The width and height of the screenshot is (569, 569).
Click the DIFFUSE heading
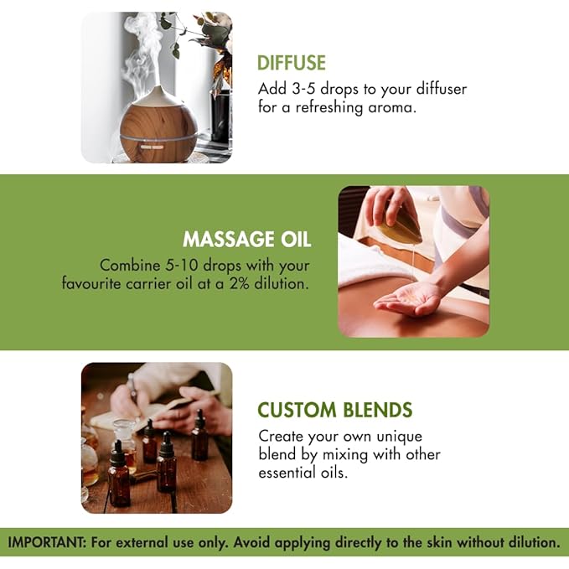[x=292, y=63]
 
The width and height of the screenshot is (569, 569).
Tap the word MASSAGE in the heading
[x=229, y=240]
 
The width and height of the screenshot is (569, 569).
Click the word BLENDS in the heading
[x=377, y=410]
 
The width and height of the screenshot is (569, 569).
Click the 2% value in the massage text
[x=240, y=283]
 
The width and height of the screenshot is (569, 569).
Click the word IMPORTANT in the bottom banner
[x=46, y=542]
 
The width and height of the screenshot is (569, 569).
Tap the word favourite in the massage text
[x=91, y=283]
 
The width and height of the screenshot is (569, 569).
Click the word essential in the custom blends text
[x=287, y=473]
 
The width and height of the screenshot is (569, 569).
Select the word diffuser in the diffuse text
[x=442, y=89]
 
